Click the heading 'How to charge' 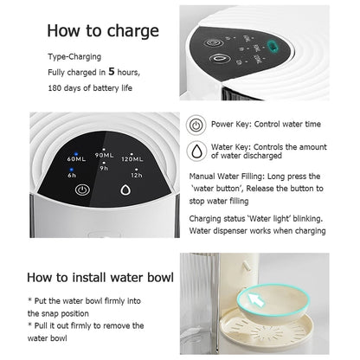(102, 32)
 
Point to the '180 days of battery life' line (90, 87)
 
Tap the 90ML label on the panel (105, 155)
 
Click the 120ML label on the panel (132, 159)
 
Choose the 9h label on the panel (104, 167)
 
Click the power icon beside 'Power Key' (196, 125)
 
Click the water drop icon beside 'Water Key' (196, 151)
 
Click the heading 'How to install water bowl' (100, 278)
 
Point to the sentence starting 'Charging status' (257, 219)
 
